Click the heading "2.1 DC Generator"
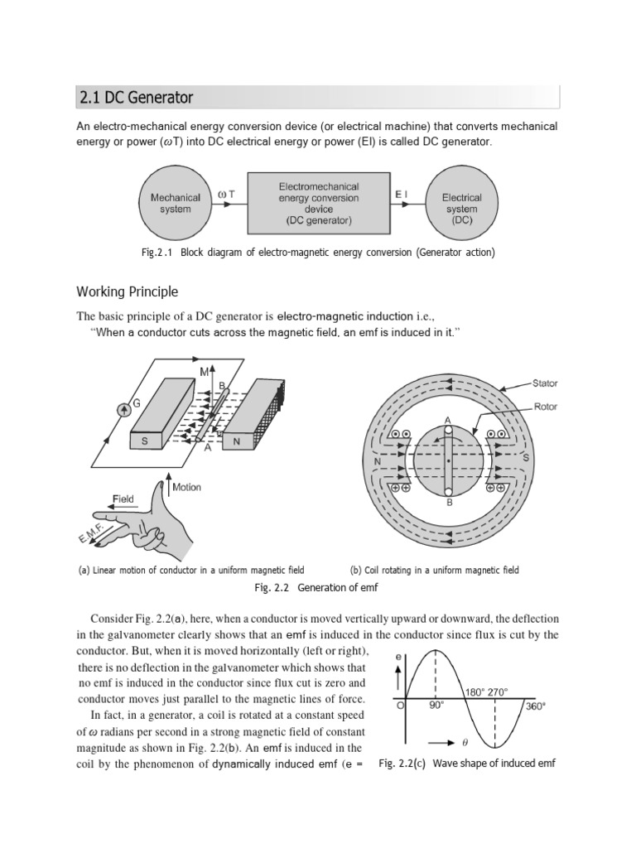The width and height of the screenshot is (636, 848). point(136,98)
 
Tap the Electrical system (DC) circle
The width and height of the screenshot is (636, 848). point(461,204)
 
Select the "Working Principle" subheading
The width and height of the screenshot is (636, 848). point(127,291)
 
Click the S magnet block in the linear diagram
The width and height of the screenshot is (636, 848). point(146,441)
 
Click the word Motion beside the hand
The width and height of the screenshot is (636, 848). point(186,487)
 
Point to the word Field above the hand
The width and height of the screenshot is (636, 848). point(125,499)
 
